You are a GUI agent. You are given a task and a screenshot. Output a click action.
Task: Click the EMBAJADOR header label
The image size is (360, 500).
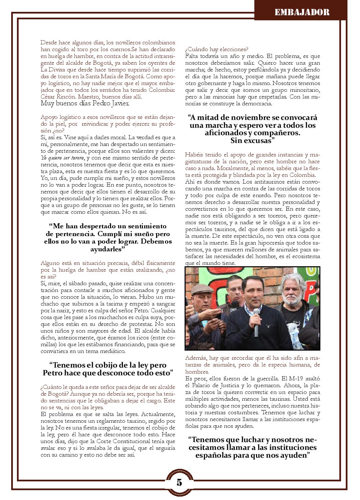[x=301, y=13]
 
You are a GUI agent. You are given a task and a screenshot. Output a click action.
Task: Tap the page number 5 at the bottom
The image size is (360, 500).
[x=179, y=482]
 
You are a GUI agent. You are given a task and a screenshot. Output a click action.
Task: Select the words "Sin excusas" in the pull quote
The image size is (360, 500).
[x=252, y=140]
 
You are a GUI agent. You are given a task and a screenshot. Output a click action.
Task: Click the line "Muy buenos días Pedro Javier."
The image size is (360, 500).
[x=85, y=103]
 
